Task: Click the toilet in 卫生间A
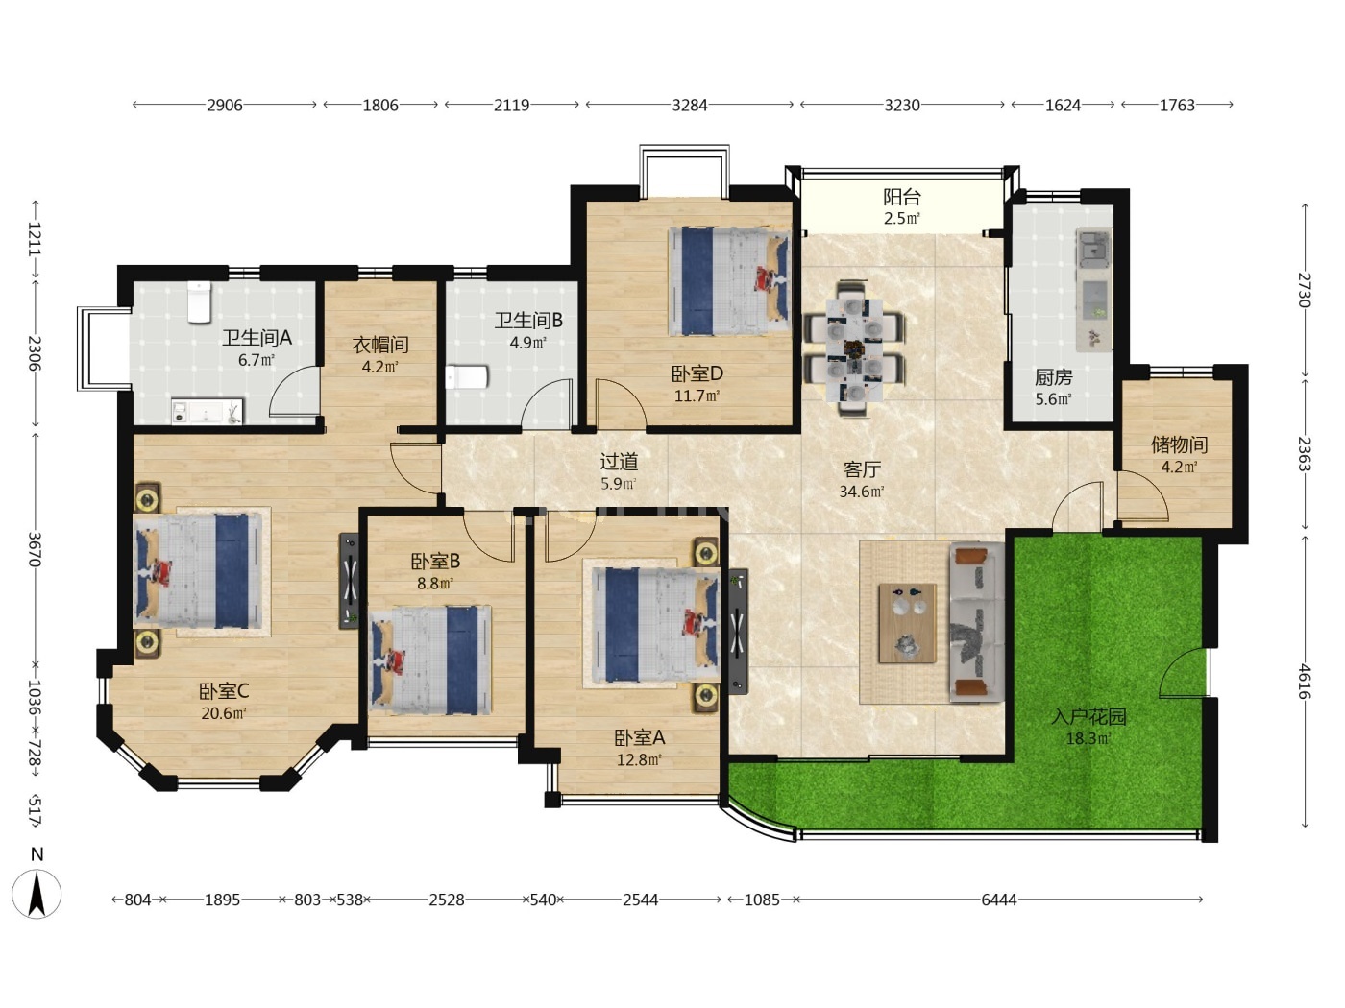[199, 301]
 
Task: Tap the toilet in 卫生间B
[466, 377]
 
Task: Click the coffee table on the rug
[908, 623]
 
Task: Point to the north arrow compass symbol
[37, 894]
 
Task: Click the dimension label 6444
[999, 900]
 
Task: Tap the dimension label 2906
[224, 106]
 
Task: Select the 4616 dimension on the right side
[1304, 682]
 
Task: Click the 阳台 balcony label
[902, 197]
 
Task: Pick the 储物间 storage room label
[1179, 444]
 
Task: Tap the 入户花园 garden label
[1088, 717]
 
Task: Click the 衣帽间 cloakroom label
[379, 345]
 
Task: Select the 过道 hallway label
[619, 462]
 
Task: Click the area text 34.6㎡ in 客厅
[862, 492]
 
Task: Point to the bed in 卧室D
[729, 281]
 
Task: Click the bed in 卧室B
[431, 660]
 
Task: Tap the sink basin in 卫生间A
[207, 411]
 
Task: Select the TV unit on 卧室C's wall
[350, 581]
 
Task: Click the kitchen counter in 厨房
[1094, 290]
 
